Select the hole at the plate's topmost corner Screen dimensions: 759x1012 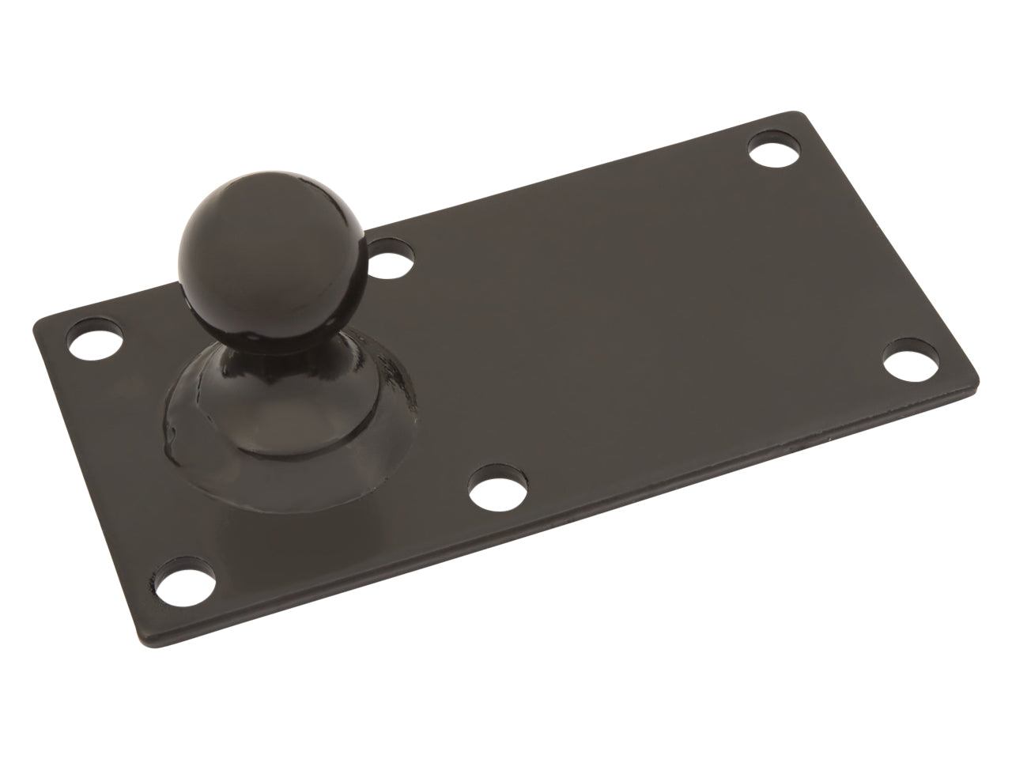[771, 150]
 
